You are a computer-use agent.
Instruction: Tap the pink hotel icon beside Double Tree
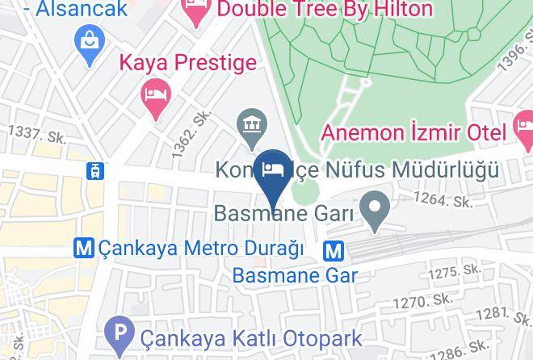[196, 10]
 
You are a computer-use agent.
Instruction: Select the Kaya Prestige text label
[188, 62]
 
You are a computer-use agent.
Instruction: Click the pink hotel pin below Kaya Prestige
[154, 95]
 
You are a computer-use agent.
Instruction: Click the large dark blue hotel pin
[272, 170]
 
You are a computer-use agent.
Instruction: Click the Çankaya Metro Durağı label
[200, 249]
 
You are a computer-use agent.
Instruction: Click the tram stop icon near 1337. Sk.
[95, 170]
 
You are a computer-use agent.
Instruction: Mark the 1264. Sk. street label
[443, 200]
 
